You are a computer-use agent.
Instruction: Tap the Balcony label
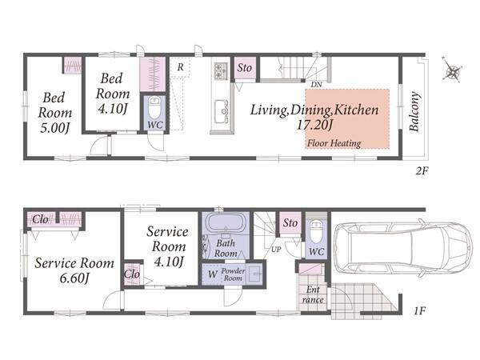point(414,111)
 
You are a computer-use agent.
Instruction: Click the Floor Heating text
point(334,143)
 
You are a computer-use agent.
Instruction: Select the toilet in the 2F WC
point(154,107)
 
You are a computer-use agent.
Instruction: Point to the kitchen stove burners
point(221,70)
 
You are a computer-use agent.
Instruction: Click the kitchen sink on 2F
point(221,111)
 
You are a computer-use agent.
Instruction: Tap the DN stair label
point(317,84)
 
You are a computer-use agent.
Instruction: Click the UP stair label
point(276,249)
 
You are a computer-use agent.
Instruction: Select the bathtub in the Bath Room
point(226,223)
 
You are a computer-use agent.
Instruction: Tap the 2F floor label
point(422,170)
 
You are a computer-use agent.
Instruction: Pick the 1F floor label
point(420,311)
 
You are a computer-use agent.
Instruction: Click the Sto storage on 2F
point(245,68)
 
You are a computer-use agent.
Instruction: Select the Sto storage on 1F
point(290,223)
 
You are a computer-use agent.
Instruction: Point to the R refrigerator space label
point(181,67)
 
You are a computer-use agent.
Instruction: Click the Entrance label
point(313,294)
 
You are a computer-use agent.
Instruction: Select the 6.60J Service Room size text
point(74,278)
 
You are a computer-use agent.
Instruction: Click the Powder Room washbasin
point(254,273)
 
